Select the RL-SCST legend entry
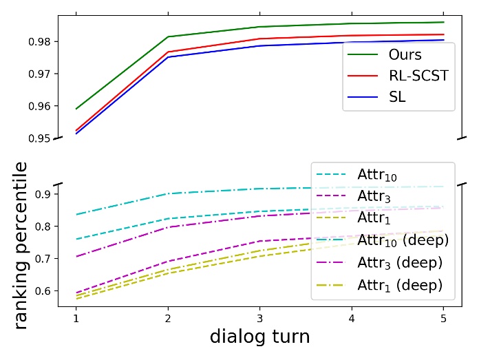point(399,76)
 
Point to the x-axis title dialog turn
point(259,337)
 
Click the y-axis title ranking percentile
point(21,244)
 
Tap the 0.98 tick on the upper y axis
point(45,41)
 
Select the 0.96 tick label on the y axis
point(45,106)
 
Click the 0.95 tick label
point(45,138)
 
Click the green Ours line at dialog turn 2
point(169,36)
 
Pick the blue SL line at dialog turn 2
point(169,57)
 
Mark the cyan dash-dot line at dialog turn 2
point(169,193)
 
